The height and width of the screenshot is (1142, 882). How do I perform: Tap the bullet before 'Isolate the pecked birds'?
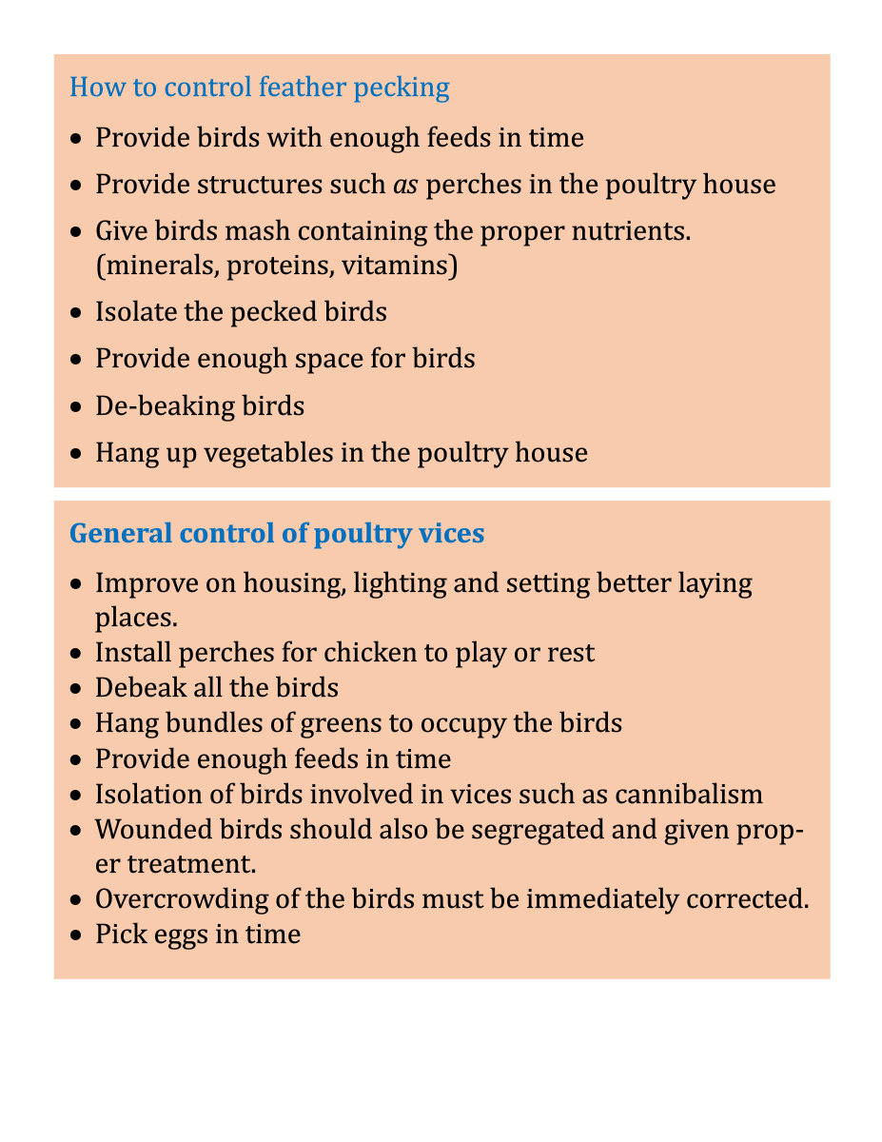tap(77, 312)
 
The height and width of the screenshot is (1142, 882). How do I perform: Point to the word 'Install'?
tap(126, 653)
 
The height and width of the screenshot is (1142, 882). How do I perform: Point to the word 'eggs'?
tap(178, 935)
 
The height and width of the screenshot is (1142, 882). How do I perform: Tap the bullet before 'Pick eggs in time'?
tap(77, 935)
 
